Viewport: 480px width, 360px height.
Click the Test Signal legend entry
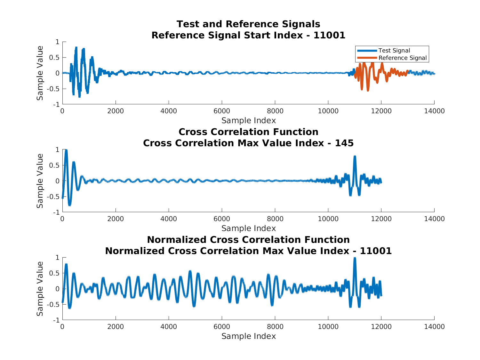tap(394, 51)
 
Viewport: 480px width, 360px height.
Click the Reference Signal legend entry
tap(402, 58)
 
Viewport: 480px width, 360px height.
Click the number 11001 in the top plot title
tap(329, 35)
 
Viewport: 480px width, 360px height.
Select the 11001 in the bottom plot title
tap(376, 251)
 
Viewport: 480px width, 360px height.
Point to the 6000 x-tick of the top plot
tap(222, 111)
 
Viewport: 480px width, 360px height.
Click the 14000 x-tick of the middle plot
tap(434, 219)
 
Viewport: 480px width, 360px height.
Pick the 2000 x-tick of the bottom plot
tap(116, 327)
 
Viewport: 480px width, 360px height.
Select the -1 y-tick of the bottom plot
tap(57, 320)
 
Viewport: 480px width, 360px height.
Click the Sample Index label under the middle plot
tap(248, 228)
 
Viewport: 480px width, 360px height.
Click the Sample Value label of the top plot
tap(40, 73)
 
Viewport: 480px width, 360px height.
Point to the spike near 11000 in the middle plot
tap(355, 157)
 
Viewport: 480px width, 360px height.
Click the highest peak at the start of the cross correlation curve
tap(66, 150)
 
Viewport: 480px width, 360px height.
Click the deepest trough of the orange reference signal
tap(368, 90)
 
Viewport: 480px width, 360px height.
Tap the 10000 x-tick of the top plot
tap(328, 111)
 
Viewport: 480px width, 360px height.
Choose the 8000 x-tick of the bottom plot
tap(275, 327)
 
